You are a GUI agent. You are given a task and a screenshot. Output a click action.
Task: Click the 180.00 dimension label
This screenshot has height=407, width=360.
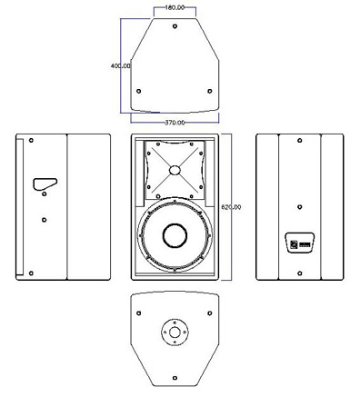point(175,7)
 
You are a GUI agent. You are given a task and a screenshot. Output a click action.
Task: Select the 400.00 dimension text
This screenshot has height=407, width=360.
point(121,65)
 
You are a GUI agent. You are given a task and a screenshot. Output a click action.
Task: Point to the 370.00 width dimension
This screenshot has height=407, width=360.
point(175,123)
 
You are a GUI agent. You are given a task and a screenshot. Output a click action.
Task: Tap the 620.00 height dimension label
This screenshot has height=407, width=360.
point(231,207)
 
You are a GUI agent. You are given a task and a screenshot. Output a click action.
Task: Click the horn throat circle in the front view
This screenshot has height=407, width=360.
point(175,170)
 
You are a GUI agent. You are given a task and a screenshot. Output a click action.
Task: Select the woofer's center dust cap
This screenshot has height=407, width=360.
point(175,235)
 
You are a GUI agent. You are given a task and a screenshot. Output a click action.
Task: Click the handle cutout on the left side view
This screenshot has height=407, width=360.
point(45,184)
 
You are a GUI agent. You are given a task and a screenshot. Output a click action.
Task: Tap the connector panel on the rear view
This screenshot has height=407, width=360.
point(300,243)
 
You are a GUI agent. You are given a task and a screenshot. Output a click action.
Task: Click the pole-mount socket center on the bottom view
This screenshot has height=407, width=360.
point(175,333)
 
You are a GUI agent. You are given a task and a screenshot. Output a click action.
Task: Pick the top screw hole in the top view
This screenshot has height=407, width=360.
point(175,26)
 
